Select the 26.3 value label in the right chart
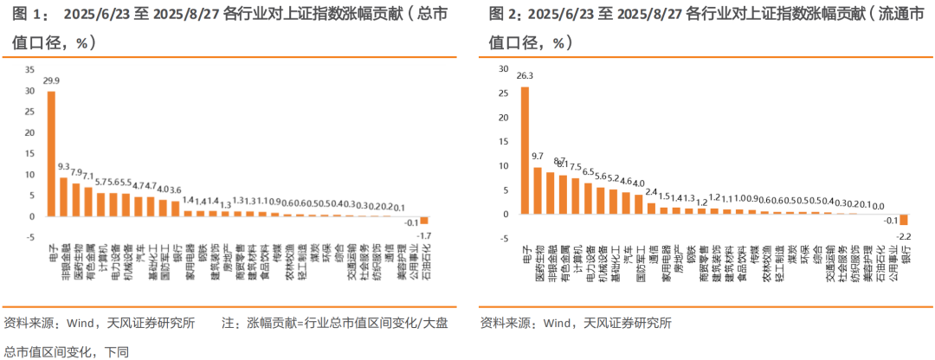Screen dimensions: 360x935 pyautogui.click(x=525, y=75)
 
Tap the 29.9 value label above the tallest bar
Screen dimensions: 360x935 pyautogui.click(x=51, y=80)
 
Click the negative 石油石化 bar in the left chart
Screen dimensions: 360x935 pyautogui.click(x=424, y=220)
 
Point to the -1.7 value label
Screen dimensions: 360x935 pyautogui.click(x=424, y=235)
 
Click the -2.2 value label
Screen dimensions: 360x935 pyautogui.click(x=904, y=235)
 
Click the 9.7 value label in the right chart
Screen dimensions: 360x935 pyautogui.click(x=538, y=157)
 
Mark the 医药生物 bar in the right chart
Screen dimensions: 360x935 pyautogui.click(x=538, y=190)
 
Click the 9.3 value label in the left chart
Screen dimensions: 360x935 pyautogui.click(x=64, y=166)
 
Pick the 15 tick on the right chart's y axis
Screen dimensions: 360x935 pyautogui.click(x=503, y=141)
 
